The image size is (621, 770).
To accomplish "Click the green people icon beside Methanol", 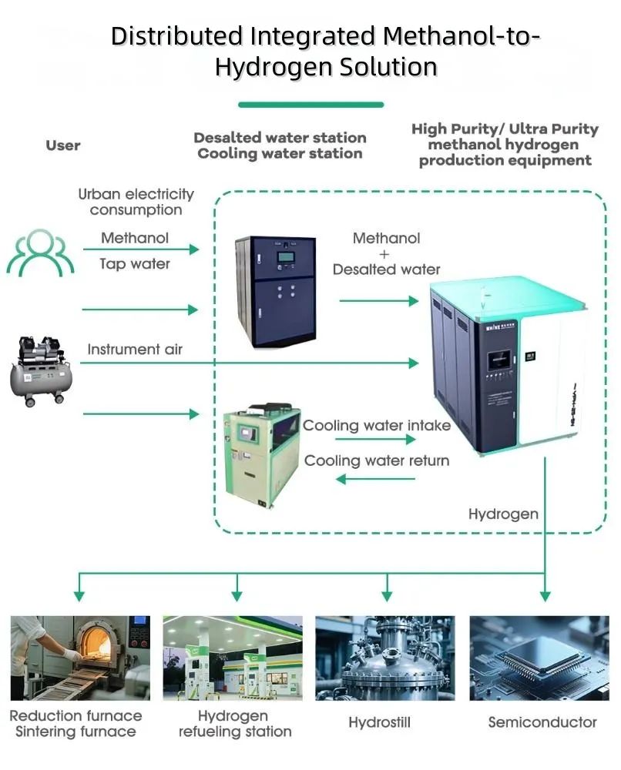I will pyautogui.click(x=42, y=252).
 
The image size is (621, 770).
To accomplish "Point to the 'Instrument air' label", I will pyautogui.click(x=135, y=350).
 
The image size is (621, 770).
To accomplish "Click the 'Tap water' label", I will pyautogui.click(x=135, y=264).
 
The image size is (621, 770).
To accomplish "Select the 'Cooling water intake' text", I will pyautogui.click(x=376, y=425).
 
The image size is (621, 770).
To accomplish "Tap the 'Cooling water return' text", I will pyautogui.click(x=376, y=460).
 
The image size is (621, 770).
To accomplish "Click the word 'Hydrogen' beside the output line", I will pyautogui.click(x=503, y=514).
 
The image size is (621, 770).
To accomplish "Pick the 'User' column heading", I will pyautogui.click(x=63, y=146).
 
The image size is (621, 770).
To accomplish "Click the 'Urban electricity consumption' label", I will pyautogui.click(x=136, y=202).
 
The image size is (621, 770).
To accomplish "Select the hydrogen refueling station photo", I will pyautogui.click(x=232, y=658).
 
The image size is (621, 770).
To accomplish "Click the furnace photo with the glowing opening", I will pyautogui.click(x=79, y=658).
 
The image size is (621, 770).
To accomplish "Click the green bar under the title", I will pyautogui.click(x=310, y=105).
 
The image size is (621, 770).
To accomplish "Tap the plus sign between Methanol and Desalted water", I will pyautogui.click(x=386, y=253).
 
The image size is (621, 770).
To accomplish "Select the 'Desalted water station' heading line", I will pyautogui.click(x=280, y=138).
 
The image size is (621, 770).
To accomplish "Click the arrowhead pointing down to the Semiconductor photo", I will pyautogui.click(x=545, y=595).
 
